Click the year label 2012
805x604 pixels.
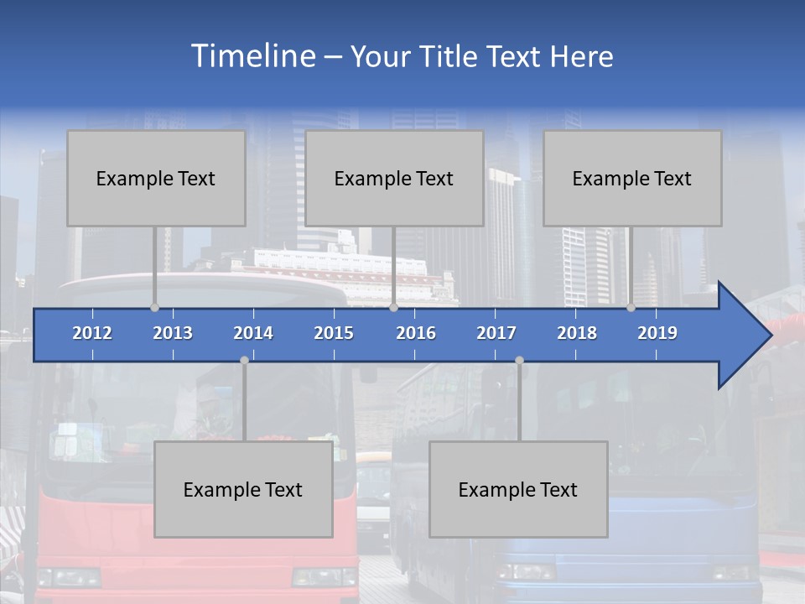coord(92,333)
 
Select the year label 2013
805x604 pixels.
coord(173,333)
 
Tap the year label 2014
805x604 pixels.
coord(253,333)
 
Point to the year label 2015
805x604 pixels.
coord(334,333)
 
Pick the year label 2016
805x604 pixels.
coord(416,333)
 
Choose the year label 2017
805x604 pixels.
coord(496,333)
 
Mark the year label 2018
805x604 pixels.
coord(577,333)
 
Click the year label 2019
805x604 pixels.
coord(657,333)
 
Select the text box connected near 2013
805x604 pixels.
coord(156,178)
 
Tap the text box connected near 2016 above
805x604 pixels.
coord(394,178)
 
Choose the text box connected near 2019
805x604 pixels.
coord(632,178)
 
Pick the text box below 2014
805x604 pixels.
coord(243,489)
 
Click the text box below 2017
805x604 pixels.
coord(518,489)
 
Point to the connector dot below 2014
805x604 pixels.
coord(244,360)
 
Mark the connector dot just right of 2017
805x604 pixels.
coord(519,360)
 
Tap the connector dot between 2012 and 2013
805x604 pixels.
coord(154,307)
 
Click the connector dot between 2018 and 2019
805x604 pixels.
coord(631,307)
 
